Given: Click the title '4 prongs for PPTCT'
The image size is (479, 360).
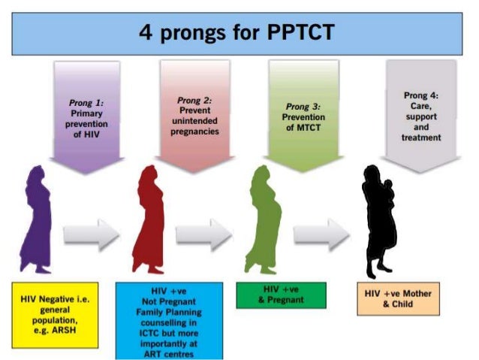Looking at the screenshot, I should [239, 33].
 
